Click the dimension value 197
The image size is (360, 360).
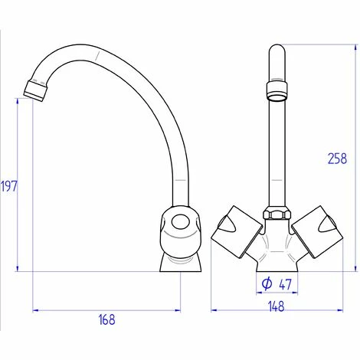[x=9, y=186]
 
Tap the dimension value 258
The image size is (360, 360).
[x=338, y=159]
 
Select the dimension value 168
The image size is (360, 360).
[x=107, y=319]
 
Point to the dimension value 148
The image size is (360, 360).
[x=277, y=306]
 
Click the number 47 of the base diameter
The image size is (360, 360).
[x=285, y=284]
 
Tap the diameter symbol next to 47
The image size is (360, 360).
[x=267, y=283]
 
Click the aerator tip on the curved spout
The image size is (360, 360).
[x=35, y=90]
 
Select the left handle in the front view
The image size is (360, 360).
[x=236, y=232]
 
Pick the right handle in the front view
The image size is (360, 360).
[x=317, y=232]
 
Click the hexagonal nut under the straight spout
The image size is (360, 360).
[x=277, y=214]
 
